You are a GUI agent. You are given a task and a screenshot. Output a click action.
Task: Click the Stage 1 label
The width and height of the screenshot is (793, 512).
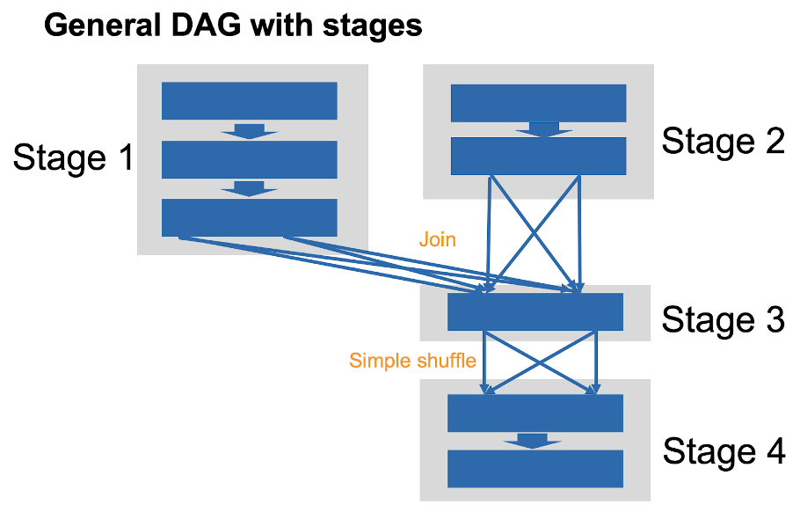73,157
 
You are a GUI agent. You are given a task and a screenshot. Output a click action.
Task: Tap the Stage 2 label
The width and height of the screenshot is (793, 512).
724,141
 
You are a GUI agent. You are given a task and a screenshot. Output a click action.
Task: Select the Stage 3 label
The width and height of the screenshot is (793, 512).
724,319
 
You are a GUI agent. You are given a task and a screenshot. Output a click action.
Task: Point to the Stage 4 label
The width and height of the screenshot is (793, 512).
724,450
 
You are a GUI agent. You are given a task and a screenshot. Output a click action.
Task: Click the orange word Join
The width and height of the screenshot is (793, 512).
438,239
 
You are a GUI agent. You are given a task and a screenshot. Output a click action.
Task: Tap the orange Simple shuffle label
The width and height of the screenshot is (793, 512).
412,361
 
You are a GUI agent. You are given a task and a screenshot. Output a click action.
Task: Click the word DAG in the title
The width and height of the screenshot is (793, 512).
206,26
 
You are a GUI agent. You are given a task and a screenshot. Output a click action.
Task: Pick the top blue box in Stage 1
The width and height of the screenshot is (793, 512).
250,100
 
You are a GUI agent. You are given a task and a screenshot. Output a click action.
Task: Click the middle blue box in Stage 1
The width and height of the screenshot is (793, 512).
250,159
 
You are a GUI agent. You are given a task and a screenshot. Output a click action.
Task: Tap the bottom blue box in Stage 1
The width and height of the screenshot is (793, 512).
250,217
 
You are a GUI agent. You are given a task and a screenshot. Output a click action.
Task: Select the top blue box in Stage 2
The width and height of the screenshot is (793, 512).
539,103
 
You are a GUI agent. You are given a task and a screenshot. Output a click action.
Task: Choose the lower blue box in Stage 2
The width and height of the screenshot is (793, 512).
539,156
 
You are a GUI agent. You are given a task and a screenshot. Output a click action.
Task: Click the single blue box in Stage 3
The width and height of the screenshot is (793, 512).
535,311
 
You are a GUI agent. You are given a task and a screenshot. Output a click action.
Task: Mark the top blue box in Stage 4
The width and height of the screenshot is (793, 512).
535,413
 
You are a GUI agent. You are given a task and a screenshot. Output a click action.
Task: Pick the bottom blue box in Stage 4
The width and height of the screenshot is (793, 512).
535,469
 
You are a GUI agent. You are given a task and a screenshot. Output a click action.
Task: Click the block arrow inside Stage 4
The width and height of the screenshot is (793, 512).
533,441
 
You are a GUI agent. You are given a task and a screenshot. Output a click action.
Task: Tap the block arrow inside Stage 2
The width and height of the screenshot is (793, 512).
544,129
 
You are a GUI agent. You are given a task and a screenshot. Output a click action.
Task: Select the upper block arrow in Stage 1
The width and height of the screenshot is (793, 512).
250,132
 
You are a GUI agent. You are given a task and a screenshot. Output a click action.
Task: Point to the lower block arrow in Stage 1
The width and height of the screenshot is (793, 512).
250,189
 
